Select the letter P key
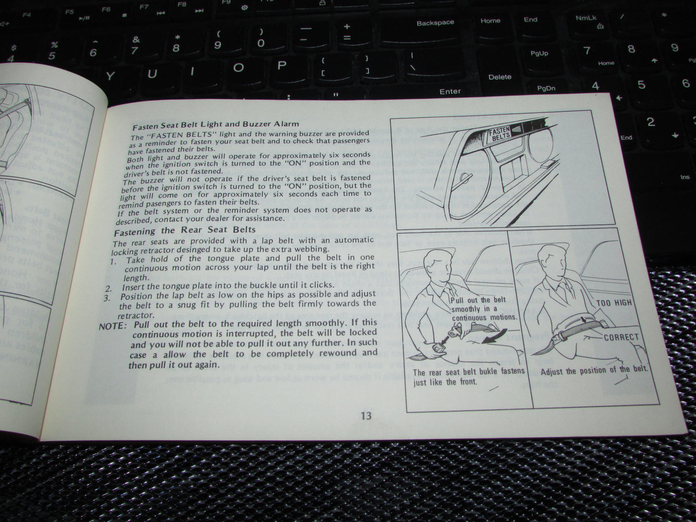pyautogui.click(x=282, y=65)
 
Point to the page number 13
pyautogui.click(x=366, y=415)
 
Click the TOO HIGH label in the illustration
pyautogui.click(x=614, y=303)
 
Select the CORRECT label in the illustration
pyautogui.click(x=621, y=337)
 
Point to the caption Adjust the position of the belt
pyautogui.click(x=594, y=371)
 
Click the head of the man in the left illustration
pyautogui.click(x=436, y=266)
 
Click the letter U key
pyautogui.click(x=153, y=74)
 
